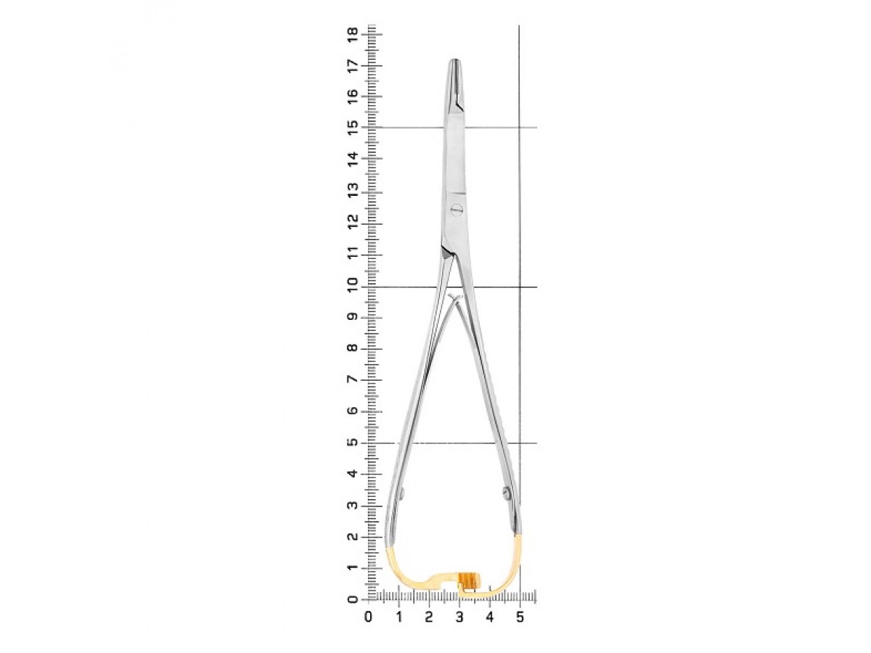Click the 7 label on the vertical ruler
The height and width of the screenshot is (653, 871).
352,379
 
